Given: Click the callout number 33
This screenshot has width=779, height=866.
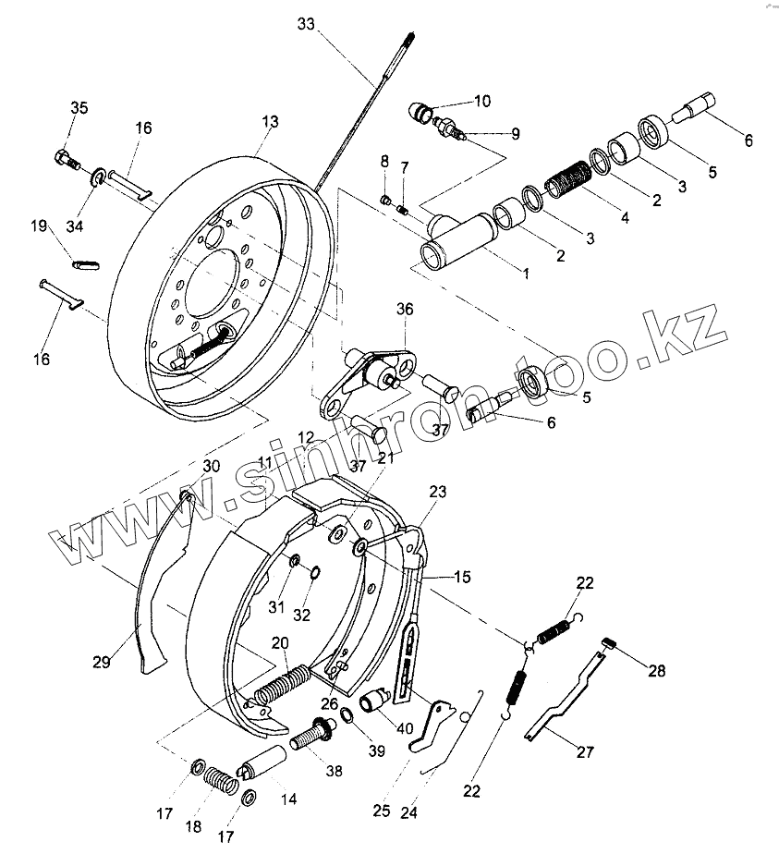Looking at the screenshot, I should point(306,25).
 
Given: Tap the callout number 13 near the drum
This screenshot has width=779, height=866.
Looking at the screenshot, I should point(269,122).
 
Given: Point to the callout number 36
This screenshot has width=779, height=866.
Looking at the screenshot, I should point(407,309).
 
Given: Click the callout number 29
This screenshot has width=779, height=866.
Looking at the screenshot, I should point(101,662).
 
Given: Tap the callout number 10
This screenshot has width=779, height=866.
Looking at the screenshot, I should point(482,100).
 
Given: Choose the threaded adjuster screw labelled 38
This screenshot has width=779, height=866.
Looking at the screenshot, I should point(311,737).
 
